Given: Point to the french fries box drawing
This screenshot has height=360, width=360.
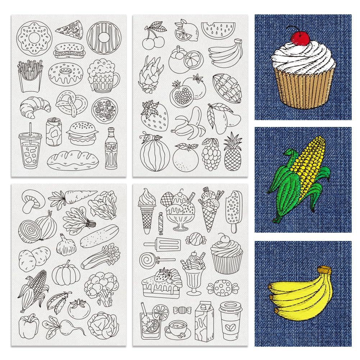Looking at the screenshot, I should (x=30, y=76).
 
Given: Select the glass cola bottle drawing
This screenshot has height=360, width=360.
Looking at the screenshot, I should (x=110, y=148).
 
